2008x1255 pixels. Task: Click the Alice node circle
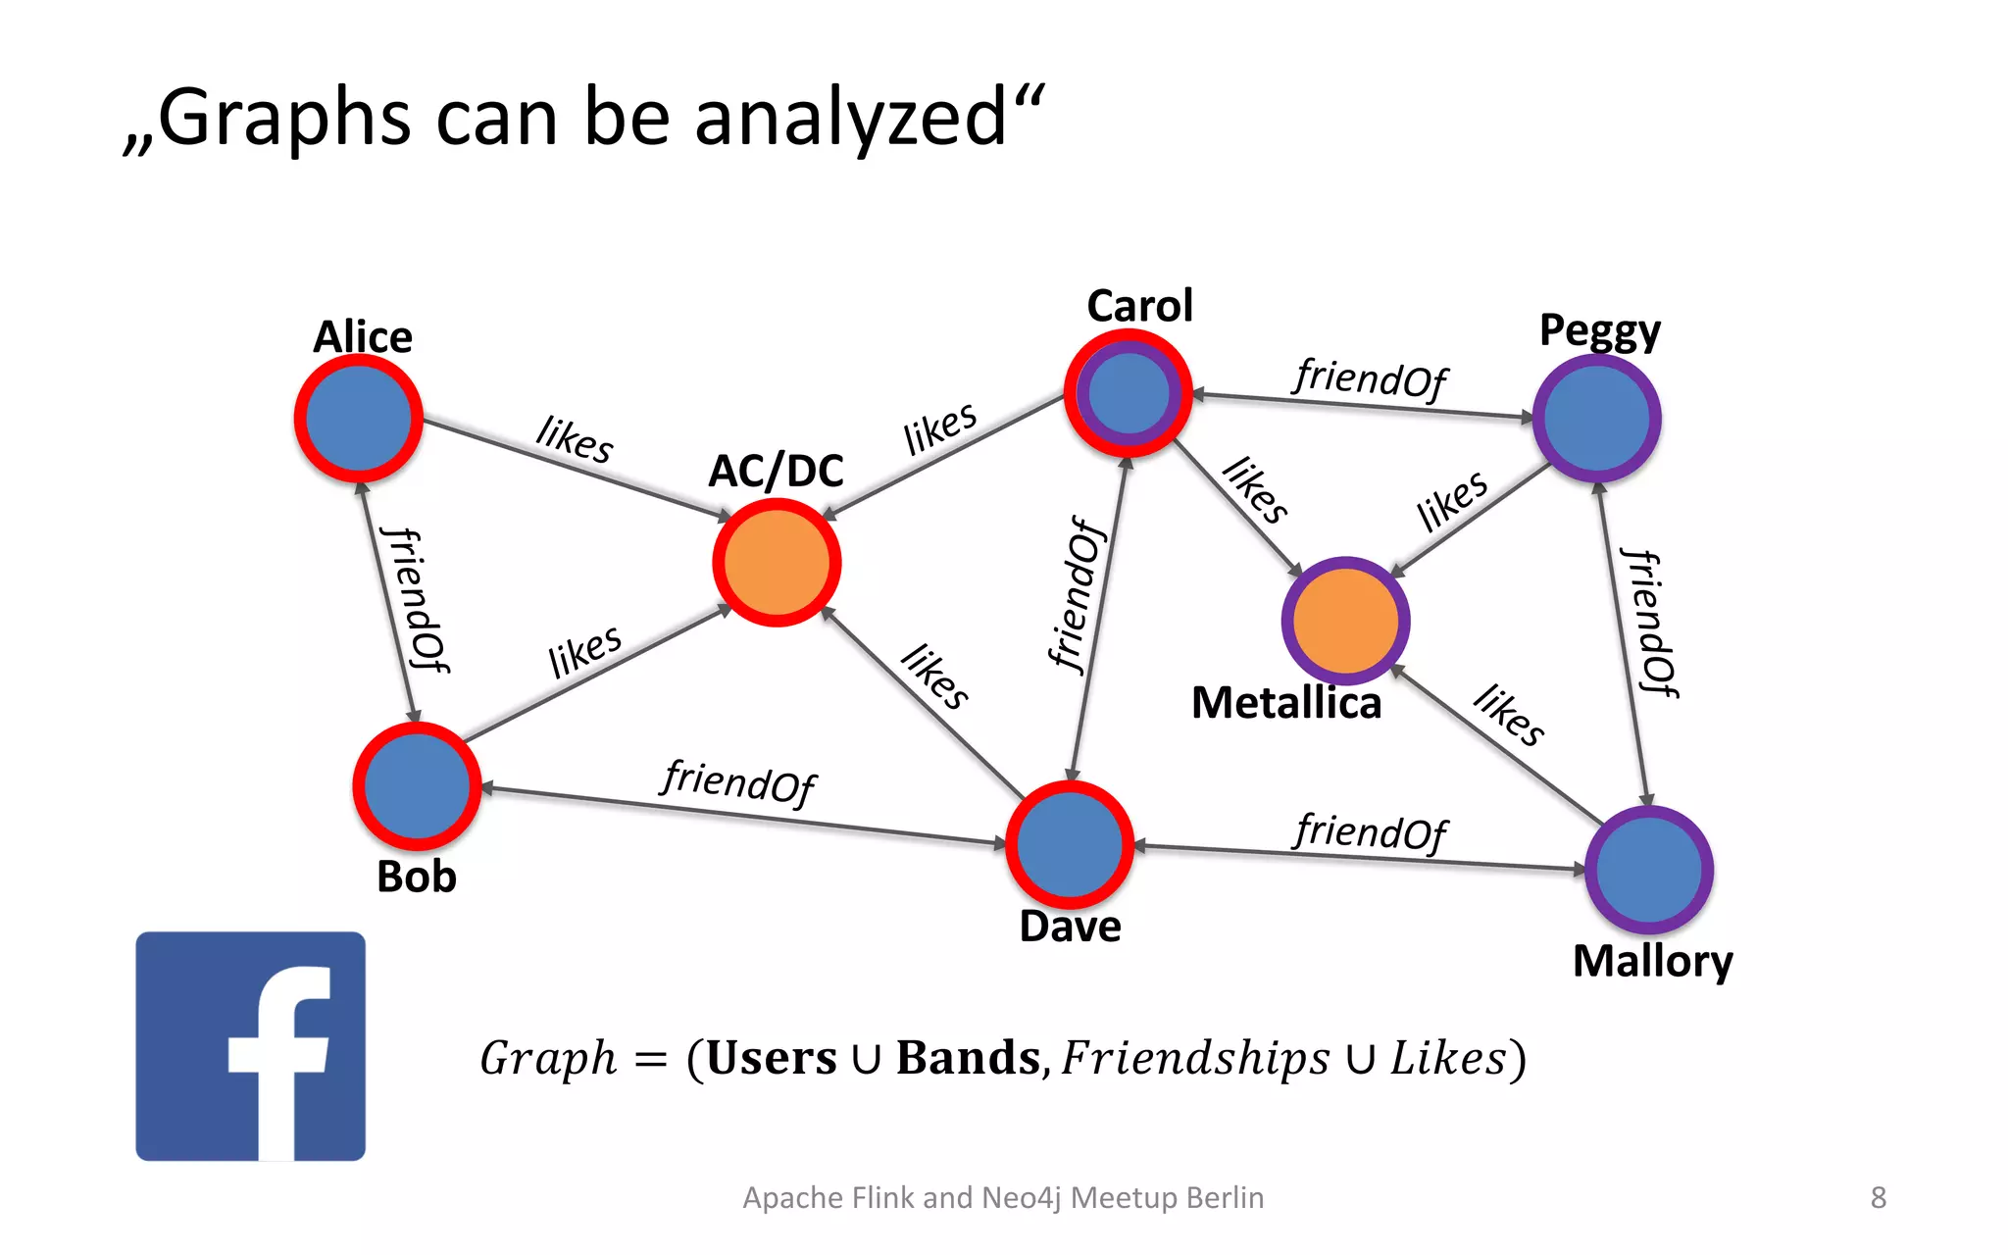[359, 419]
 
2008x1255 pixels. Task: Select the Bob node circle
[417, 786]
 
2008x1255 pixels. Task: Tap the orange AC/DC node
[777, 563]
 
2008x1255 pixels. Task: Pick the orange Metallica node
[1345, 621]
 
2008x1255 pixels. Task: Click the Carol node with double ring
[1128, 393]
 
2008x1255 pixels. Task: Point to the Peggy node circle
[1596, 419]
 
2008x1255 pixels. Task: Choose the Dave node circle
[1070, 844]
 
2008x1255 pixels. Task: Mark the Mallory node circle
[1648, 870]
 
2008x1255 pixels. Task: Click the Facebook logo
[250, 1046]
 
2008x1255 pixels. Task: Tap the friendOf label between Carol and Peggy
[1370, 378]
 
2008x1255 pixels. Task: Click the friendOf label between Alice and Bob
[416, 600]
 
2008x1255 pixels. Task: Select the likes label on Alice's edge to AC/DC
[575, 438]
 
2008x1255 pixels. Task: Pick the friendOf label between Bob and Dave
[738, 781]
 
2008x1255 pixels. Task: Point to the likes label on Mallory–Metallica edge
[1509, 715]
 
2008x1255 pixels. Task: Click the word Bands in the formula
[968, 1059]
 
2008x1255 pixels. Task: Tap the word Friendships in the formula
[1194, 1059]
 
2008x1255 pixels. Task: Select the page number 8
[1878, 1197]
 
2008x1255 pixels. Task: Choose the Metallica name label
[1285, 703]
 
